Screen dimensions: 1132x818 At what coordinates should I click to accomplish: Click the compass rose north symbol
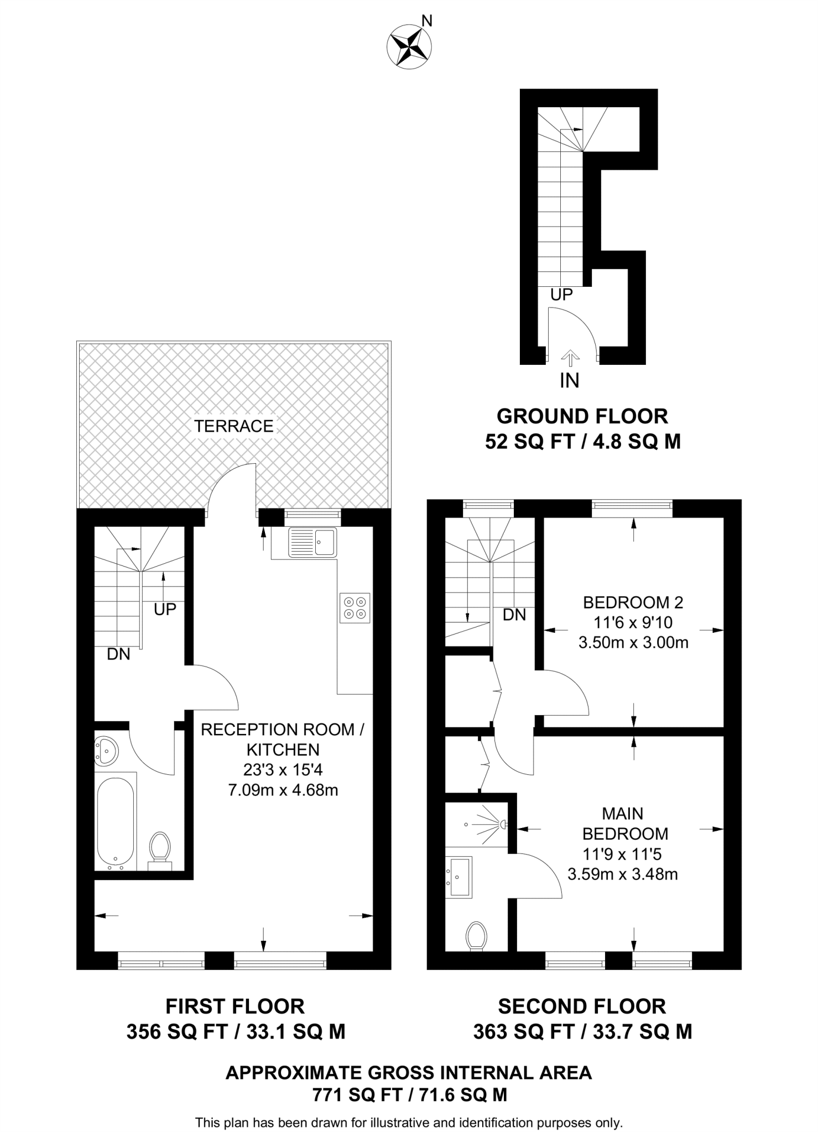click(409, 46)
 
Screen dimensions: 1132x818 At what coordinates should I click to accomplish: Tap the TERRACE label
click(233, 426)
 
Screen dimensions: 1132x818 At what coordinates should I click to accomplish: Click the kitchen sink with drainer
click(312, 542)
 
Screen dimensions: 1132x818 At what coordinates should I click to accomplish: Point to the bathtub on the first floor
click(116, 821)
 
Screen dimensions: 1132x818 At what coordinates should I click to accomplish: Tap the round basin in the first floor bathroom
click(106, 751)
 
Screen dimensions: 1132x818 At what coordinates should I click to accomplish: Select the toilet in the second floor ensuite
click(476, 936)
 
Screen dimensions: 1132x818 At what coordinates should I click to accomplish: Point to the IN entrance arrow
click(570, 359)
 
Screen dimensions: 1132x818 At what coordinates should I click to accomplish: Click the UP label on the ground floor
click(561, 295)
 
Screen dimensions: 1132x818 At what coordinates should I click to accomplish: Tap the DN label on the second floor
click(514, 615)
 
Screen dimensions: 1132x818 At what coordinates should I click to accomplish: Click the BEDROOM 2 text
click(633, 602)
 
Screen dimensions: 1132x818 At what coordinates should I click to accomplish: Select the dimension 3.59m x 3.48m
click(622, 874)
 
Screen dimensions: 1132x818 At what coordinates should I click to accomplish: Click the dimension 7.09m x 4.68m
click(283, 790)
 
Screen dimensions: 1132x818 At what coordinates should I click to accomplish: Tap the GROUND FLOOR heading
click(582, 416)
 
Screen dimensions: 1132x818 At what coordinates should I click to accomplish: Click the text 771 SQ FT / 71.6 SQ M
click(409, 1094)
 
